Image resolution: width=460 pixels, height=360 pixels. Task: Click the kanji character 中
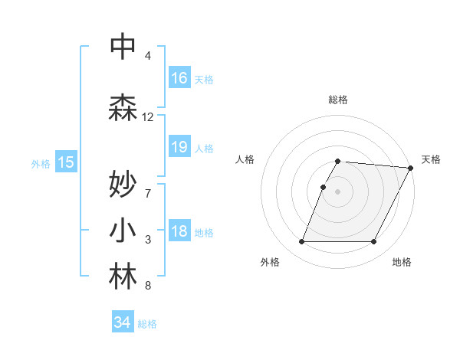[123, 47]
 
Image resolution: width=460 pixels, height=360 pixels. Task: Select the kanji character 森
[123, 107]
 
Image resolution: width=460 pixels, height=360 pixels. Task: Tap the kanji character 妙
[123, 184]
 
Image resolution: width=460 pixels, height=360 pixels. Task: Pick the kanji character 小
[123, 231]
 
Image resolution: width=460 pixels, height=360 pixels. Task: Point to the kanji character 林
[123, 277]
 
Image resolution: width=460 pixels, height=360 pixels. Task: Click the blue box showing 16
[179, 77]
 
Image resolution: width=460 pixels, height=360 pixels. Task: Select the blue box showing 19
[179, 147]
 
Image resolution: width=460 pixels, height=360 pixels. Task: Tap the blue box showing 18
[179, 232]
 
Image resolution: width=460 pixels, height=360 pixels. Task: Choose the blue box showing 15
[66, 162]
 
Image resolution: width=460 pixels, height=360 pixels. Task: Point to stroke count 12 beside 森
[148, 117]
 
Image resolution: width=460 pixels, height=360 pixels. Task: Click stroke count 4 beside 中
[148, 56]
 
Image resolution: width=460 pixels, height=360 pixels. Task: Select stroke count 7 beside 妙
[148, 193]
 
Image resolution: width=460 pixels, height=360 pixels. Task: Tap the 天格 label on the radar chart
[431, 159]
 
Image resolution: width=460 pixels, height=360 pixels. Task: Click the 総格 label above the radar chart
[337, 100]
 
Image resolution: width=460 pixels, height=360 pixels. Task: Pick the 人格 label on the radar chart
[245, 159]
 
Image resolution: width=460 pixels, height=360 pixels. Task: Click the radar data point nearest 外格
[301, 242]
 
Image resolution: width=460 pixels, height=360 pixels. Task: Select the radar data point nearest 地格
[374, 242]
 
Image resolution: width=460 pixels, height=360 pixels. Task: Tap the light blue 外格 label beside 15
[40, 162]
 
